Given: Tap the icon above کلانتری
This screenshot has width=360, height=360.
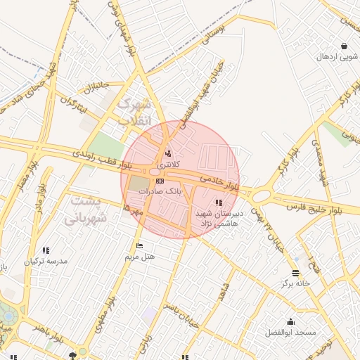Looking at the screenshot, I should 167,153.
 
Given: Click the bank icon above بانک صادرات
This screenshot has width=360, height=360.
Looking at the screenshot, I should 160,181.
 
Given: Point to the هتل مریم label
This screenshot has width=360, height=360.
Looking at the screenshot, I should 139,257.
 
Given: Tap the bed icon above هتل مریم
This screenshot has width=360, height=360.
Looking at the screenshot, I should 139,246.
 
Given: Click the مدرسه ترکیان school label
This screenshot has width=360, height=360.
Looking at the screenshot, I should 46,261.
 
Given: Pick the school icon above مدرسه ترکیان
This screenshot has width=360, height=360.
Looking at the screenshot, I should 46,250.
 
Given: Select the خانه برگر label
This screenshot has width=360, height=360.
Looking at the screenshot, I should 296,283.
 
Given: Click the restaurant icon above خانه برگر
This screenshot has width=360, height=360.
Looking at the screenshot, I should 295,272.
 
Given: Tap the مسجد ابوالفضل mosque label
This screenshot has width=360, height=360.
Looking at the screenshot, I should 291,331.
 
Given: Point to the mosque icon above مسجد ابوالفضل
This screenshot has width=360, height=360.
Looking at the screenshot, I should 291,321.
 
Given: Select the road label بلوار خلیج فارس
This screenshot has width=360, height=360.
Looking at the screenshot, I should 317,209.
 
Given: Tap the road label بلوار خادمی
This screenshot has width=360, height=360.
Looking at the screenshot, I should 219,182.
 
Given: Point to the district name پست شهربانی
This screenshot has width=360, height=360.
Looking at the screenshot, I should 86,210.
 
